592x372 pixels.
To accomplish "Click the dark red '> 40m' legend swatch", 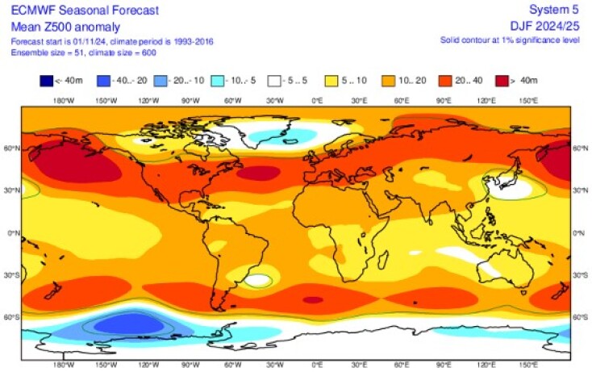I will point(500,80).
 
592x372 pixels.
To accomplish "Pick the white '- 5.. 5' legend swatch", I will point(275,80).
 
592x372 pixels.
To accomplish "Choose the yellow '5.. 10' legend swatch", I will point(331,80).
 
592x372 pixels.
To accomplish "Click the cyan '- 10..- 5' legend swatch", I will point(219,80).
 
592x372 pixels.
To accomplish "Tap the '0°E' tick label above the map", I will point(317,100).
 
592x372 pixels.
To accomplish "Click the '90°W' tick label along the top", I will point(190,100).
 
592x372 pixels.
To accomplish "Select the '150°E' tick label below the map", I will point(527,365).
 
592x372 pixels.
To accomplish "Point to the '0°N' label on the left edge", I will point(13,232).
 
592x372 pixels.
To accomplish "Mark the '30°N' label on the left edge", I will point(13,190).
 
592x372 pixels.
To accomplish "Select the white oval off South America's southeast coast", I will point(258,280).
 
